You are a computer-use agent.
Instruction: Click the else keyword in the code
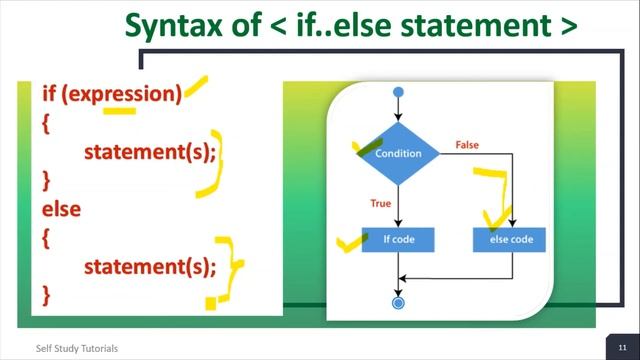click(61, 209)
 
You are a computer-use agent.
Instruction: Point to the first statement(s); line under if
click(150, 152)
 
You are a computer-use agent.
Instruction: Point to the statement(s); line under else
click(150, 266)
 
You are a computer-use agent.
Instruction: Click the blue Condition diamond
click(399, 154)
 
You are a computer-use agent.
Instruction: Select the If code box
click(399, 240)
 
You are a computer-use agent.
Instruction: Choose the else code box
click(512, 240)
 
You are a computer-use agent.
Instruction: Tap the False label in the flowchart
click(467, 145)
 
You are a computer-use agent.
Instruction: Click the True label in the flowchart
click(380, 203)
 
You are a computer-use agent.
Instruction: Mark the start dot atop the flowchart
click(399, 93)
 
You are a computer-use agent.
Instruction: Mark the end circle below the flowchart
click(399, 301)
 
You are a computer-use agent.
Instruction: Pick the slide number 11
click(621, 347)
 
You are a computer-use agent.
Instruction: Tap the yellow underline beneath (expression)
click(120, 111)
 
